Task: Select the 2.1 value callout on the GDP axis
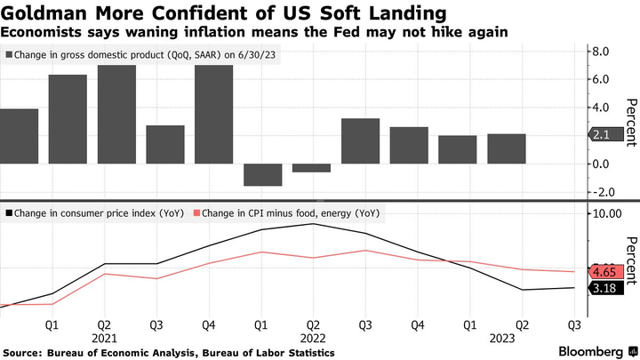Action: (597, 135)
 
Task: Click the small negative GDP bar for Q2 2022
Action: (312, 168)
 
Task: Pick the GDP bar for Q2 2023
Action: (507, 148)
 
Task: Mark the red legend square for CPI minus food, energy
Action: (198, 213)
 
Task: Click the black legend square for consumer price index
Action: (8, 213)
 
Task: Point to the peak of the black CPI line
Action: (312, 223)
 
